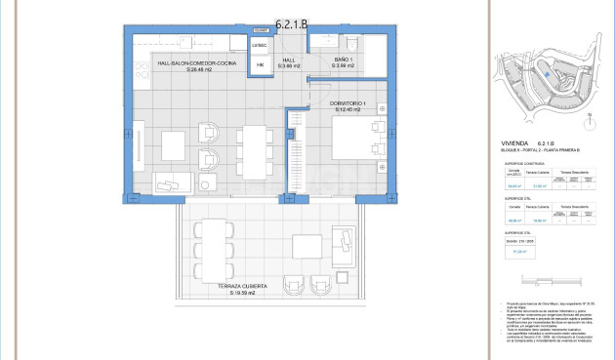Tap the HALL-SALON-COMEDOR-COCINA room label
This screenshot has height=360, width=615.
196,66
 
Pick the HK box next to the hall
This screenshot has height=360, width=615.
260,64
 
